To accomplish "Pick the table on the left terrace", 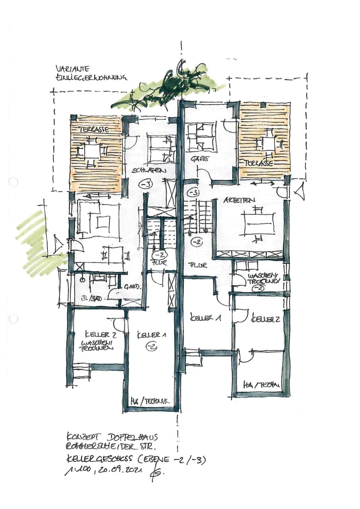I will pyautogui.click(x=92, y=151).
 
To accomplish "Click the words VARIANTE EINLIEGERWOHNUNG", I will pyautogui.click(x=90, y=73).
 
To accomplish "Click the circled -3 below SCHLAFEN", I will pyautogui.click(x=146, y=185).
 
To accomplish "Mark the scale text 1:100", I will pyautogui.click(x=77, y=472).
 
